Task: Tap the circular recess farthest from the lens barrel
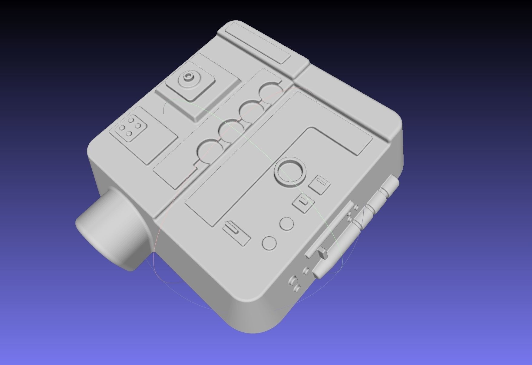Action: pos(270,90)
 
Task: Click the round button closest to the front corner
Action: pos(269,243)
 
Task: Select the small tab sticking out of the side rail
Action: pos(323,253)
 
